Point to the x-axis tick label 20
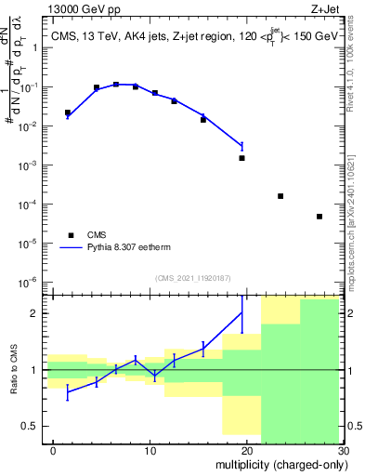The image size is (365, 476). coord(244,451)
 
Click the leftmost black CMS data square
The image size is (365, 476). coord(68,112)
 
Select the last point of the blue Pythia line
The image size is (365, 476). coord(242,146)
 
